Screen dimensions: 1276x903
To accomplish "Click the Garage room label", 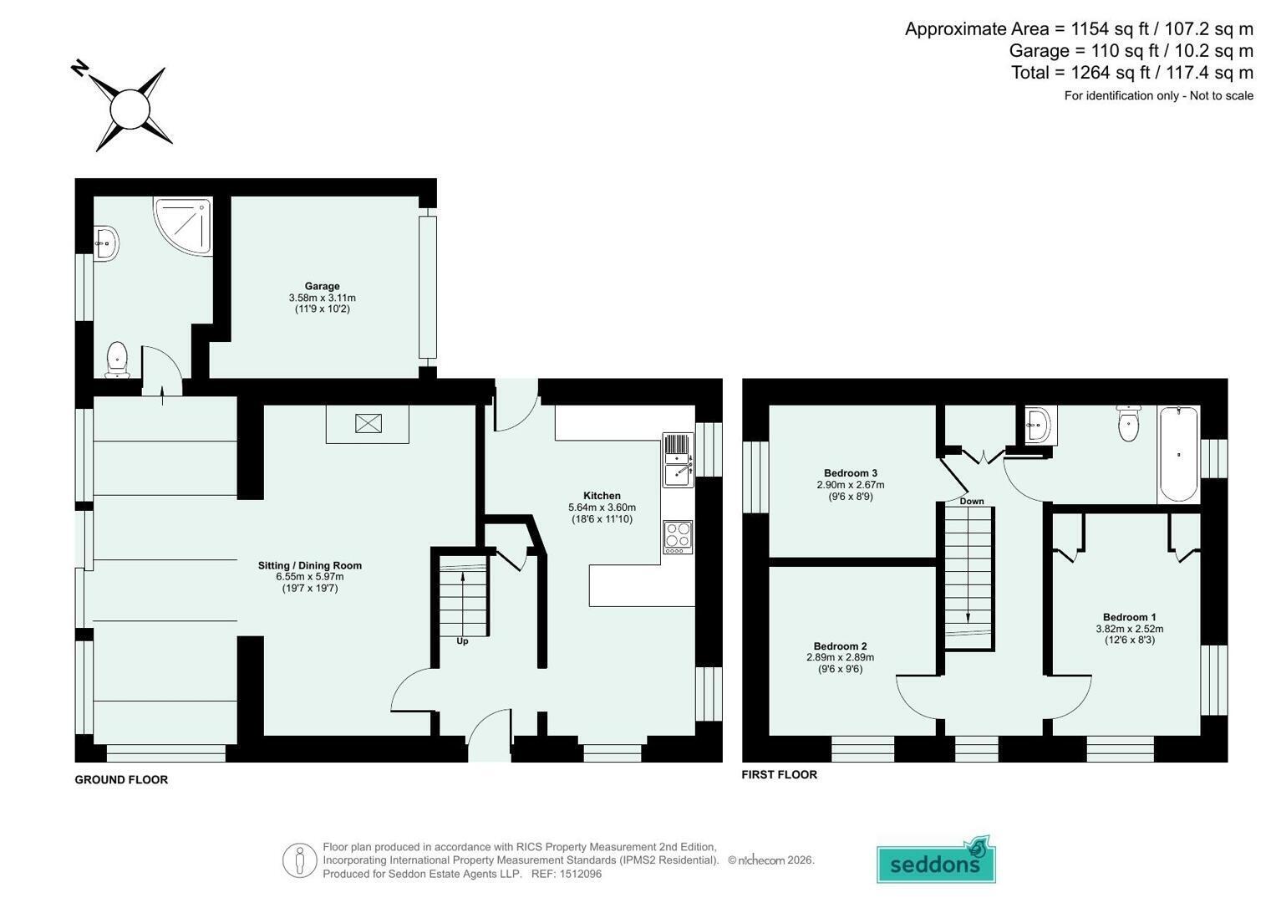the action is pyautogui.click(x=322, y=286).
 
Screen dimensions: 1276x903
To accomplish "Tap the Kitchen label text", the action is pyautogui.click(x=602, y=495).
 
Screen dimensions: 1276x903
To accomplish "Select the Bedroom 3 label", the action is pyautogui.click(x=851, y=472).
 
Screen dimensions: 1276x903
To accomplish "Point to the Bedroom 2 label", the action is pyautogui.click(x=841, y=645).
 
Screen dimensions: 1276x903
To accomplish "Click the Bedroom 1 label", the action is pyautogui.click(x=1130, y=617).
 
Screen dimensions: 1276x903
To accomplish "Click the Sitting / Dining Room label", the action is pyautogui.click(x=310, y=565).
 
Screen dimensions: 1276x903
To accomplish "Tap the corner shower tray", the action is pyautogui.click(x=183, y=226).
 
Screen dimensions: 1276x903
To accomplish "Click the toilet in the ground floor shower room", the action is pyautogui.click(x=117, y=360).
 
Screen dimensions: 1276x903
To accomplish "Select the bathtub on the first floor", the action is pyautogui.click(x=1178, y=454).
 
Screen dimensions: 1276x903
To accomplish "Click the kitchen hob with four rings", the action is pyautogui.click(x=678, y=537).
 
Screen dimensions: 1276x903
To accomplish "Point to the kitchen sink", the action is pyautogui.click(x=678, y=460).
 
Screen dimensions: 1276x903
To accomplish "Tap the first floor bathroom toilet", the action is pyautogui.click(x=1128, y=423).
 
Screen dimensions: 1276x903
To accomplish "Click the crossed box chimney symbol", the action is pyautogui.click(x=368, y=423).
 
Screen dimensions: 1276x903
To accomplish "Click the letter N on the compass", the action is pyautogui.click(x=79, y=69).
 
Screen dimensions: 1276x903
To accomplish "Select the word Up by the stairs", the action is pyautogui.click(x=462, y=641).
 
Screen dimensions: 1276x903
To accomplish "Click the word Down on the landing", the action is pyautogui.click(x=972, y=501).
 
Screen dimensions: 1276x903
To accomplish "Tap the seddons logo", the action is pyautogui.click(x=936, y=860).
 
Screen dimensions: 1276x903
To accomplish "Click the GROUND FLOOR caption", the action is pyautogui.click(x=121, y=779).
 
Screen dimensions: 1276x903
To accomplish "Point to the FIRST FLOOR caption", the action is pyautogui.click(x=780, y=774).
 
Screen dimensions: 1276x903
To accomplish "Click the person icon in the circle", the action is pyautogui.click(x=300, y=860).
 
